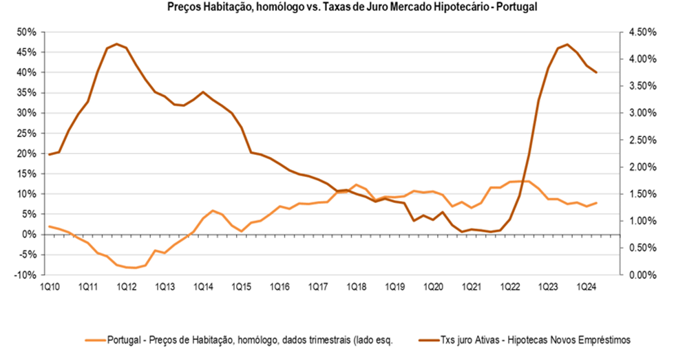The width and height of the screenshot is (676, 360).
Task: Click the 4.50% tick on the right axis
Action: click(644, 32)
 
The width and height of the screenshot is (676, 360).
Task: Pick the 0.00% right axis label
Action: click(644, 275)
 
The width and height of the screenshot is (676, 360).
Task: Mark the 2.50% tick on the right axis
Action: click(644, 140)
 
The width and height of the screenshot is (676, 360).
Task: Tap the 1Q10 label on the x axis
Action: click(49, 286)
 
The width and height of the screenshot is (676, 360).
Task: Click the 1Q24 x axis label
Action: click(586, 286)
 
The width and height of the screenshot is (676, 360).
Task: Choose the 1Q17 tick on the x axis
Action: click(317, 286)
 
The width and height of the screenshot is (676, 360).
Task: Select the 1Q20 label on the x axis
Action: click(432, 286)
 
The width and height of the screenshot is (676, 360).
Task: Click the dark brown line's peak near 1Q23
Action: click(567, 44)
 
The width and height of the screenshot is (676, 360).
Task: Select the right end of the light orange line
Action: click(596, 203)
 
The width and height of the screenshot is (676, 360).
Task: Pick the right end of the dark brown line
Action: click(596, 73)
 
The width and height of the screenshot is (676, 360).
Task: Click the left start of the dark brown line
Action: click(49, 154)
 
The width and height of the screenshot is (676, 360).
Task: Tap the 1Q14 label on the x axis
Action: click(202, 286)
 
